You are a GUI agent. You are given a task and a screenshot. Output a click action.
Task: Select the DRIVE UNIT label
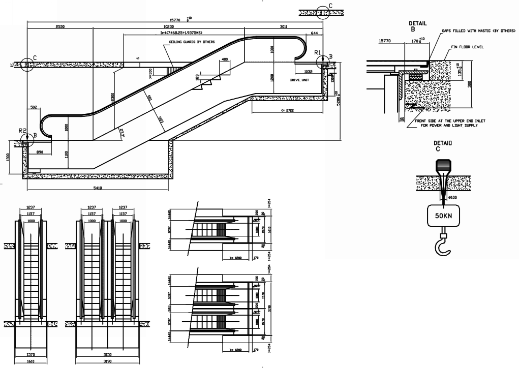click(x=300, y=80)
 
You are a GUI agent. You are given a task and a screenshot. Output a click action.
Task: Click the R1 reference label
click(x=318, y=53)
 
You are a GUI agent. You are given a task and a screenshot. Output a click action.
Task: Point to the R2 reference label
click(x=22, y=131)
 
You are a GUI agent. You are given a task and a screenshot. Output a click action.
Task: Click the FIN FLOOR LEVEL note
click(x=467, y=47)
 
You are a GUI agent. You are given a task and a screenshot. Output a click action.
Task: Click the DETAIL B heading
click(x=417, y=26)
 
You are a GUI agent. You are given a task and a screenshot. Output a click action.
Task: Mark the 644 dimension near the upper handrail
click(x=314, y=34)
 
